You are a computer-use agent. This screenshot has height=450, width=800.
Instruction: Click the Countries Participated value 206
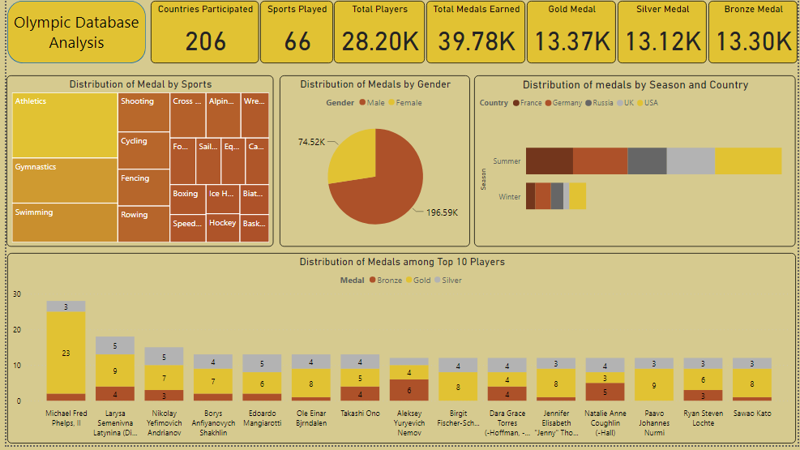(203, 41)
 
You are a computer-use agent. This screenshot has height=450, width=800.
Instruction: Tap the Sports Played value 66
(297, 41)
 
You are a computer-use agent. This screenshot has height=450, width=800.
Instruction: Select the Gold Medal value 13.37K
(572, 41)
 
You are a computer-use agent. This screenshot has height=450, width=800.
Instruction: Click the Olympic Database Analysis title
(77, 32)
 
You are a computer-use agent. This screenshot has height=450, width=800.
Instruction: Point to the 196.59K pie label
(443, 212)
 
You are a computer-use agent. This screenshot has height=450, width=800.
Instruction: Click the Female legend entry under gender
(409, 103)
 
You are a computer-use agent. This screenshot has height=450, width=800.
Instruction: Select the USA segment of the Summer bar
(747, 161)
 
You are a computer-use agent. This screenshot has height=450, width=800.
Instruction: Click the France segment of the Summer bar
(549, 161)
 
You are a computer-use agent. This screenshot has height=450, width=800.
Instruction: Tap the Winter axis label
(509, 196)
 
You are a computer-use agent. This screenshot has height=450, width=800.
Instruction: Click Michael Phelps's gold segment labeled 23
(66, 353)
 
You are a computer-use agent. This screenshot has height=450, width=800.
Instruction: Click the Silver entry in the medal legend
(451, 280)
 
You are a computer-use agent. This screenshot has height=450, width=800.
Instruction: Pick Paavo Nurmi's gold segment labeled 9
(654, 385)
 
